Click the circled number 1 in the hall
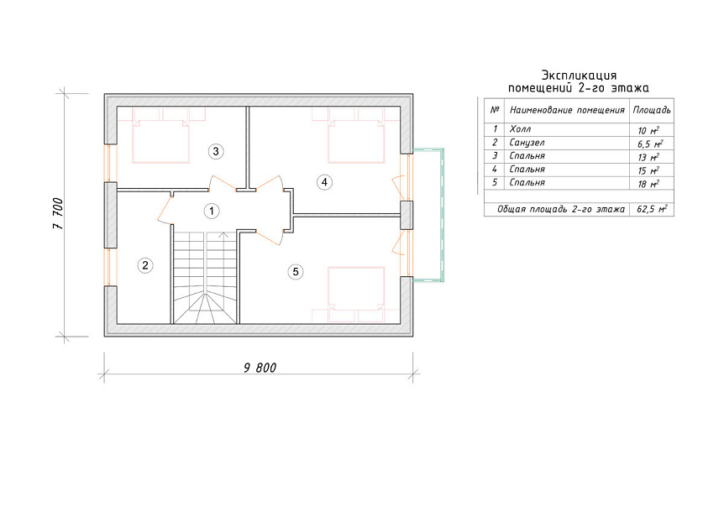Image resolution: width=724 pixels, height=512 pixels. (x=212, y=212)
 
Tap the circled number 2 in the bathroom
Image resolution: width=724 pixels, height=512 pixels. (x=145, y=265)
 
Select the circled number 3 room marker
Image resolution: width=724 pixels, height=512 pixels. (x=216, y=151)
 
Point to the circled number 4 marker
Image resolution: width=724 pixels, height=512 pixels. (x=324, y=182)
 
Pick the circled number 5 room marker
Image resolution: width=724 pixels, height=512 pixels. (x=296, y=272)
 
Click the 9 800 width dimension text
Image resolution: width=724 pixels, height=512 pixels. (x=260, y=368)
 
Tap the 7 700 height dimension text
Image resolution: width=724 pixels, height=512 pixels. (x=58, y=213)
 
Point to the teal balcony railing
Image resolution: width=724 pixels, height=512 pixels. (x=442, y=215)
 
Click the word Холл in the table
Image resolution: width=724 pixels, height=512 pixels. (x=520, y=129)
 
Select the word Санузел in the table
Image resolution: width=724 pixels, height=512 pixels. (x=527, y=143)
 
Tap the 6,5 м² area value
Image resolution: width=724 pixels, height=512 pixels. (x=650, y=144)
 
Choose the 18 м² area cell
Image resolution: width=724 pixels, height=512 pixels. (x=648, y=184)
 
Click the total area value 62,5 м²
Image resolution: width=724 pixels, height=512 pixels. (x=652, y=209)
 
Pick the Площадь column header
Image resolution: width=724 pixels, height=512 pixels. (x=652, y=110)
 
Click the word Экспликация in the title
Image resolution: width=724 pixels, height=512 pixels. (x=579, y=76)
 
